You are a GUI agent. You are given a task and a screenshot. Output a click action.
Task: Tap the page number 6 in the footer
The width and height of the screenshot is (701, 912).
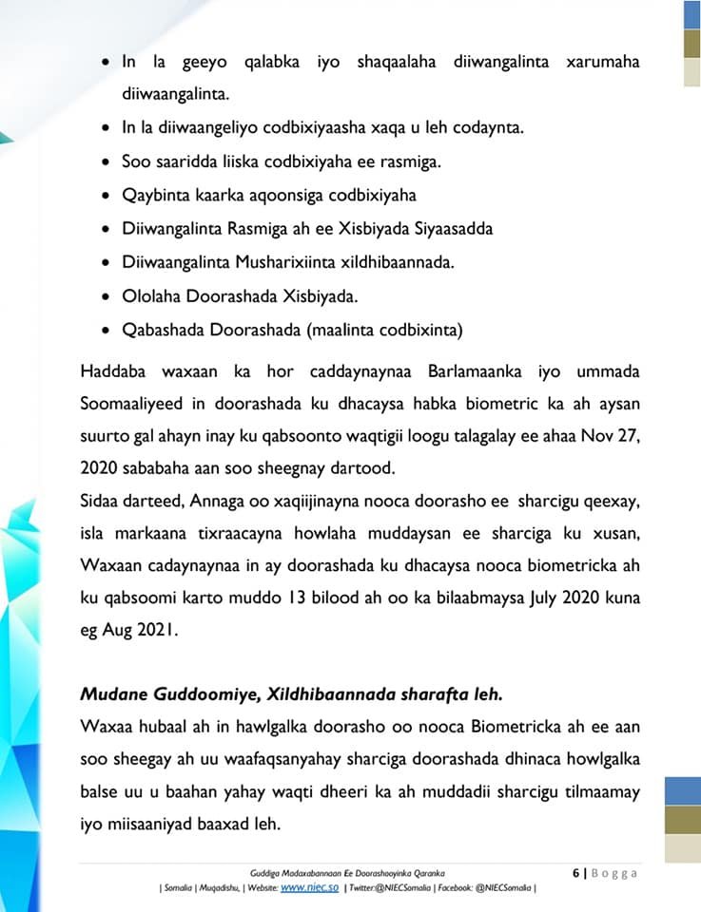tap(575, 873)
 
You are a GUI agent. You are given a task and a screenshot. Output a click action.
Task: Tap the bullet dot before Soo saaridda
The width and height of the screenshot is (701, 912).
tap(106, 161)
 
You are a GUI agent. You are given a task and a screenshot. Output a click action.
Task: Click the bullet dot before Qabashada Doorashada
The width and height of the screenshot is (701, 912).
tap(106, 330)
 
